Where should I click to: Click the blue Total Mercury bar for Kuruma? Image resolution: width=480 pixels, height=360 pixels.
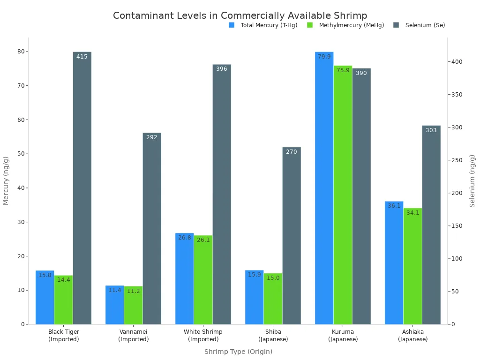pyautogui.click(x=324, y=187)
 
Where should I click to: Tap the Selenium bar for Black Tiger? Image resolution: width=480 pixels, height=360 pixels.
pyautogui.click(x=82, y=187)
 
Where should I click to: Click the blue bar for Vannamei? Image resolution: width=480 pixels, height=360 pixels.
pyautogui.click(x=114, y=305)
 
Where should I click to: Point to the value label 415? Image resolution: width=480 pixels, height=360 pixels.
pyautogui.click(x=82, y=57)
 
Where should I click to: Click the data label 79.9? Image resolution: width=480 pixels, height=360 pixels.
pyautogui.click(x=324, y=57)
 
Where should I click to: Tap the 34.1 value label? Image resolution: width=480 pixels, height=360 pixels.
pyautogui.click(x=412, y=213)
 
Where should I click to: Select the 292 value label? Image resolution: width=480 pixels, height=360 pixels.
pyautogui.click(x=152, y=137)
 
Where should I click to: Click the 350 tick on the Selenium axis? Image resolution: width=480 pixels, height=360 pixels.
pyautogui.click(x=457, y=95)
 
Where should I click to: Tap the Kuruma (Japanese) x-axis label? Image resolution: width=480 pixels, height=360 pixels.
pyautogui.click(x=343, y=335)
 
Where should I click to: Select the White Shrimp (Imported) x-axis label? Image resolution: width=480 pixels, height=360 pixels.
pyautogui.click(x=203, y=335)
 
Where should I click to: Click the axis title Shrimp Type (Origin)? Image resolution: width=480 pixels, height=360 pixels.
pyautogui.click(x=238, y=352)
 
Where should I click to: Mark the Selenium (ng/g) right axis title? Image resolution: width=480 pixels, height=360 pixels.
pyautogui.click(x=472, y=180)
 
